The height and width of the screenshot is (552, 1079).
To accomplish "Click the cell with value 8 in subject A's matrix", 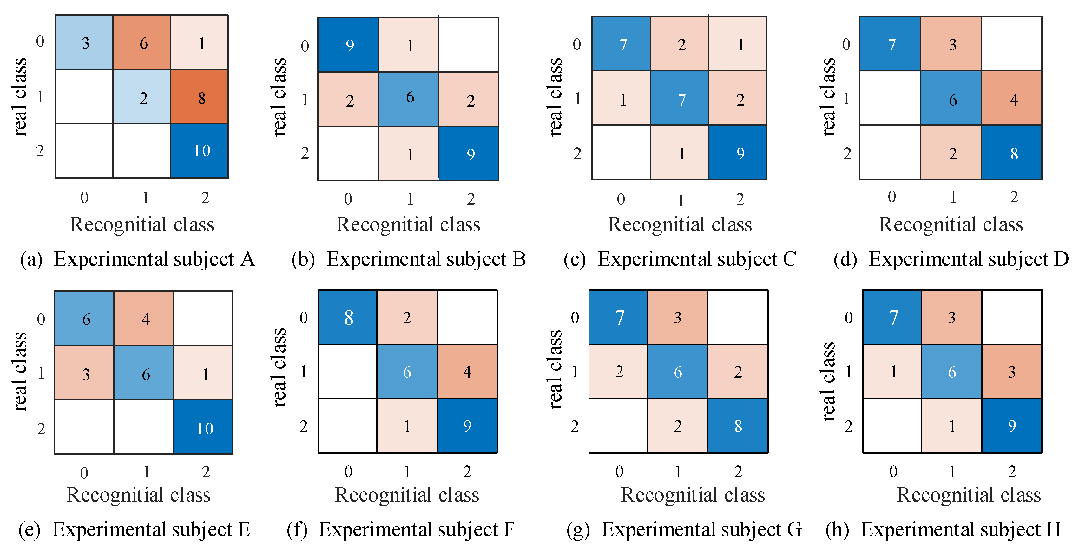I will [199, 97].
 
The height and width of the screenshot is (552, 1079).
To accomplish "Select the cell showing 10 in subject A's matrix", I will [199, 151].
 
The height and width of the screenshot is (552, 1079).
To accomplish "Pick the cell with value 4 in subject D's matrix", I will [1011, 98].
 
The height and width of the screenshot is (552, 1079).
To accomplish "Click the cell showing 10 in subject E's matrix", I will [203, 427].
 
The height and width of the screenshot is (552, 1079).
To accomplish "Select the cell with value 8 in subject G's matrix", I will [738, 425].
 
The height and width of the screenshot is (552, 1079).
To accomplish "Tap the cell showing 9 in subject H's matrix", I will [1011, 425].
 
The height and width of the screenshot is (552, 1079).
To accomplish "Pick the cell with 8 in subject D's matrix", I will [1011, 153].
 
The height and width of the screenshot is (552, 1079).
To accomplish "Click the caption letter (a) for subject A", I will [31, 259].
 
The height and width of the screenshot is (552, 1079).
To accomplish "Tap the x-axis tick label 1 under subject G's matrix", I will [678, 472].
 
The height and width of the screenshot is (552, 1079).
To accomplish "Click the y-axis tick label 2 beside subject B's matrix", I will [305, 153].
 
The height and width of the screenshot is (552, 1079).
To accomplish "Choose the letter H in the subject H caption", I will [1053, 529].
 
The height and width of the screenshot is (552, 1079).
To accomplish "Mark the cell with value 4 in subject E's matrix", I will [144, 318].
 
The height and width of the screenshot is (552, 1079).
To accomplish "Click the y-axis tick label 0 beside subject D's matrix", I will [846, 44].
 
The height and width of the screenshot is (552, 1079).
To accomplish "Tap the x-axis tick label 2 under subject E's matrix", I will [205, 472].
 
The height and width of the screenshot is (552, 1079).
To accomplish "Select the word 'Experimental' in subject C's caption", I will [654, 259].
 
